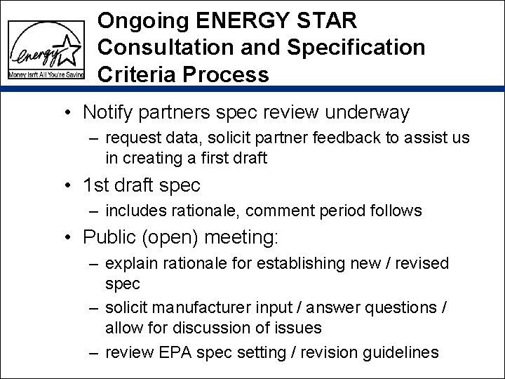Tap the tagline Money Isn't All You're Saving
46,74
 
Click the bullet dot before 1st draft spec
69,186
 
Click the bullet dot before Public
69,239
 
